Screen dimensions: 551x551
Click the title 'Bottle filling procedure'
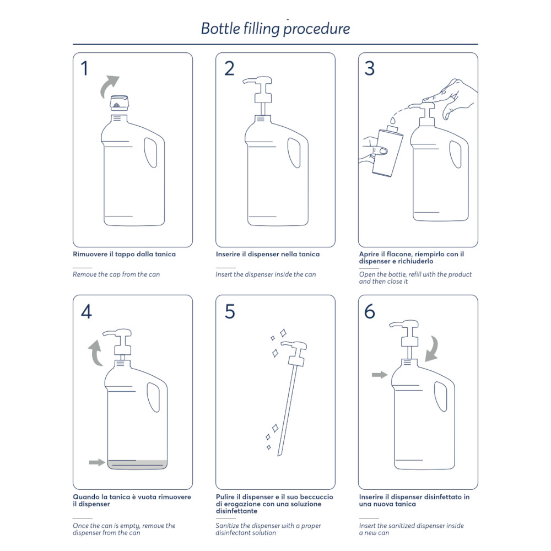[x=275, y=29]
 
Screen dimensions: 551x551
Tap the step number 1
[x=84, y=68]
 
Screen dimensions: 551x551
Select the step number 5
[x=230, y=311]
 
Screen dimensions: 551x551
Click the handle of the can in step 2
[x=294, y=153]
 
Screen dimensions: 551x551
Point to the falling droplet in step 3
[x=393, y=120]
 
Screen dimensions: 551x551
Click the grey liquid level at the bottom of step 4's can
[x=137, y=464]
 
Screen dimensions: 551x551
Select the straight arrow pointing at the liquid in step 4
[x=97, y=462]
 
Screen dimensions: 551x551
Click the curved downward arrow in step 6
[x=434, y=349]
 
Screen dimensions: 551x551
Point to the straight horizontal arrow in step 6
[x=380, y=375]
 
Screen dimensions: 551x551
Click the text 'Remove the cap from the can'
[x=116, y=274]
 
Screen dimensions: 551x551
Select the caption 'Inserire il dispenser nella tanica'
[x=268, y=254]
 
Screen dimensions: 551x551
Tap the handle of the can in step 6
[x=441, y=396]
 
